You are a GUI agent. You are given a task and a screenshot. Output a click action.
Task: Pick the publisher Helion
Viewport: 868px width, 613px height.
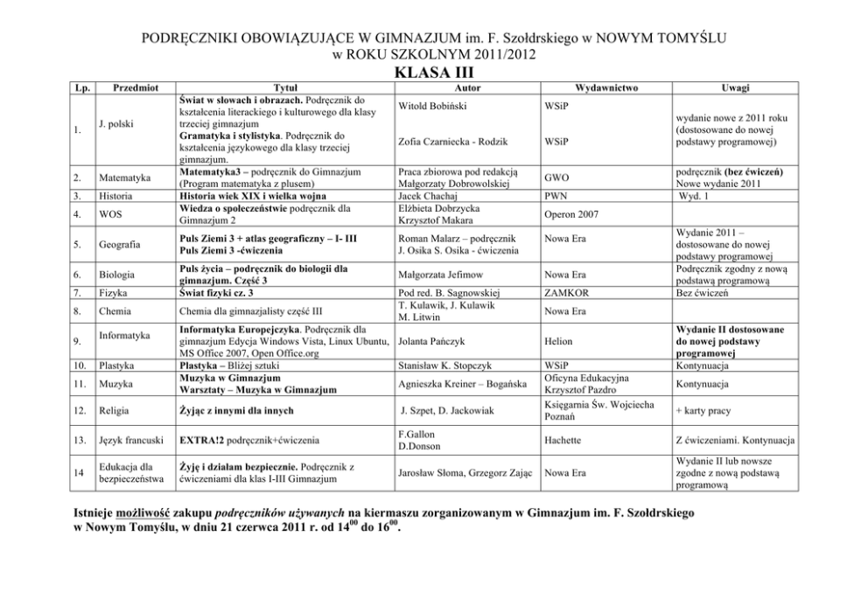click(558, 342)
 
